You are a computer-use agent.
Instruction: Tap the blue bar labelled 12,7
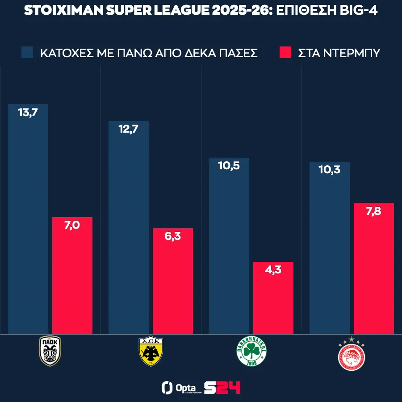tap(129, 227)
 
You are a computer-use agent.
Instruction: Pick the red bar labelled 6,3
tap(173, 281)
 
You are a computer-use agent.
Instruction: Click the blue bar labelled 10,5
tap(229, 246)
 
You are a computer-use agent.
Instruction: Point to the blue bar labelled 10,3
tap(330, 247)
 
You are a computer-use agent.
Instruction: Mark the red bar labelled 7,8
tap(374, 268)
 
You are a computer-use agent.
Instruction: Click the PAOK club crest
tap(50, 351)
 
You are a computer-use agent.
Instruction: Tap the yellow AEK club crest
tap(151, 351)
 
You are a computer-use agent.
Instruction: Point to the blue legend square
tap(28, 52)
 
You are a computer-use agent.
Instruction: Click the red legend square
tap(285, 52)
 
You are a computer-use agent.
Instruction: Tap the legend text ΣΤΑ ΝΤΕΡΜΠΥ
tap(339, 53)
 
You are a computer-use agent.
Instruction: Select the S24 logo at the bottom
tap(222, 387)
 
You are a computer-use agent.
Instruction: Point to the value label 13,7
tap(28, 113)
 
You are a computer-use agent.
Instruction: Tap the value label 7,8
tap(373, 211)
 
